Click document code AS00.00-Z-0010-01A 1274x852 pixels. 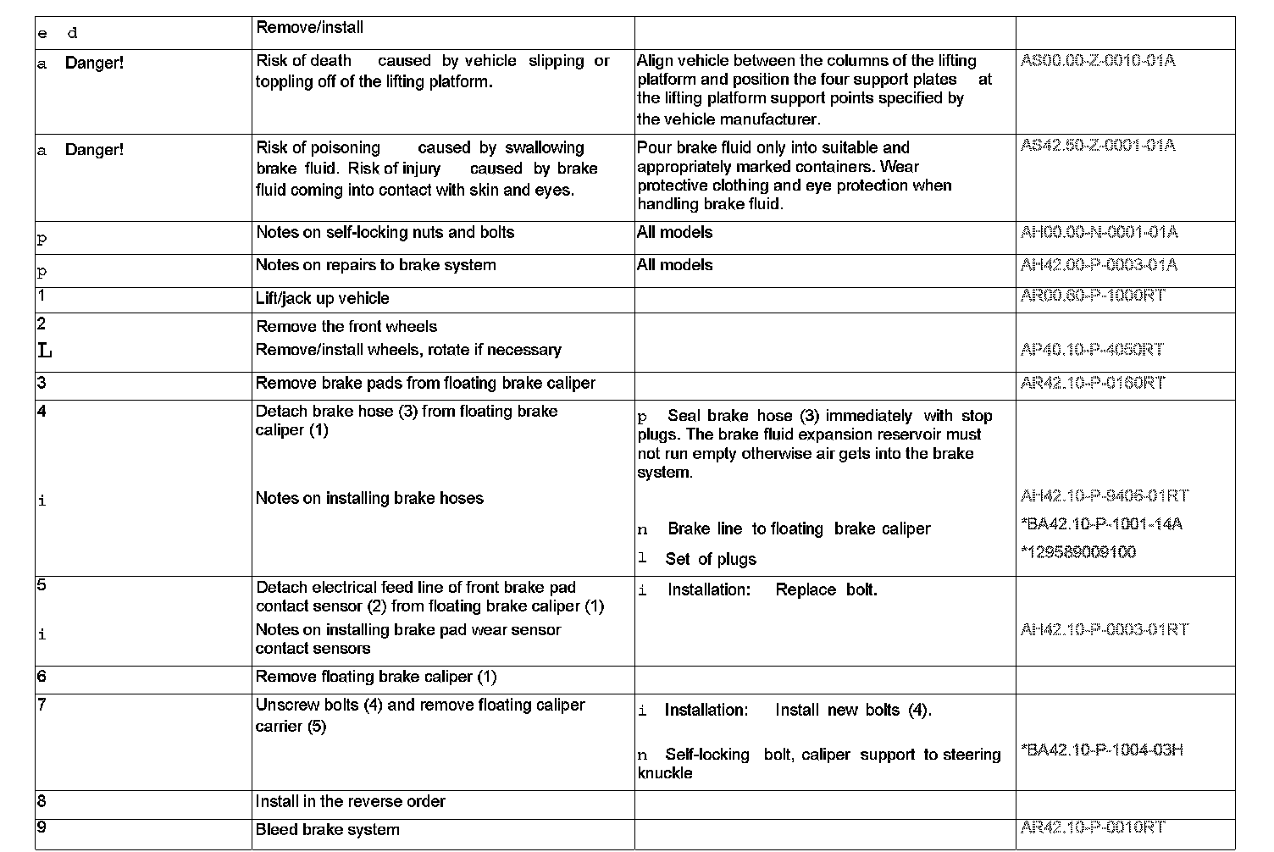pyautogui.click(x=1098, y=61)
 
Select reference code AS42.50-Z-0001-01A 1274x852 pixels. pyautogui.click(x=1098, y=146)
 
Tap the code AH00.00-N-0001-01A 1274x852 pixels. pyautogui.click(x=1099, y=232)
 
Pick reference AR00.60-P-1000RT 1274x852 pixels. pyautogui.click(x=1093, y=295)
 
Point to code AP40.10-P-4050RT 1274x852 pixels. pyautogui.click(x=1092, y=350)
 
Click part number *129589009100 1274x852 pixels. pyautogui.click(x=1078, y=552)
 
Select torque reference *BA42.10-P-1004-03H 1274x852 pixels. pyautogui.click(x=1101, y=750)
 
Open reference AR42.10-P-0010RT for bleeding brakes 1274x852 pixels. pyautogui.click(x=1093, y=827)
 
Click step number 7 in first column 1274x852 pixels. pyautogui.click(x=42, y=705)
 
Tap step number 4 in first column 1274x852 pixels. pyautogui.click(x=42, y=412)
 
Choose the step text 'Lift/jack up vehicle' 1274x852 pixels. pyautogui.click(x=322, y=298)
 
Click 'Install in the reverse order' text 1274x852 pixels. pyautogui.click(x=350, y=801)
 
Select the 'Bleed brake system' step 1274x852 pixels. pyautogui.click(x=327, y=830)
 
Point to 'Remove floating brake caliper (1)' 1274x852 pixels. pyautogui.click(x=376, y=677)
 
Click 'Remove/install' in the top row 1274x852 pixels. pyautogui.click(x=309, y=28)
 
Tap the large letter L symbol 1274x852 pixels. pyautogui.click(x=44, y=350)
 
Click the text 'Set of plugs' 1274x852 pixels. pyautogui.click(x=710, y=559)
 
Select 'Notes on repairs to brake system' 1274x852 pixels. pyautogui.click(x=375, y=265)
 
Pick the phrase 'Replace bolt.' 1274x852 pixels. pyautogui.click(x=826, y=589)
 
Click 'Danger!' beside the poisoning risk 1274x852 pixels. pyautogui.click(x=94, y=150)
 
